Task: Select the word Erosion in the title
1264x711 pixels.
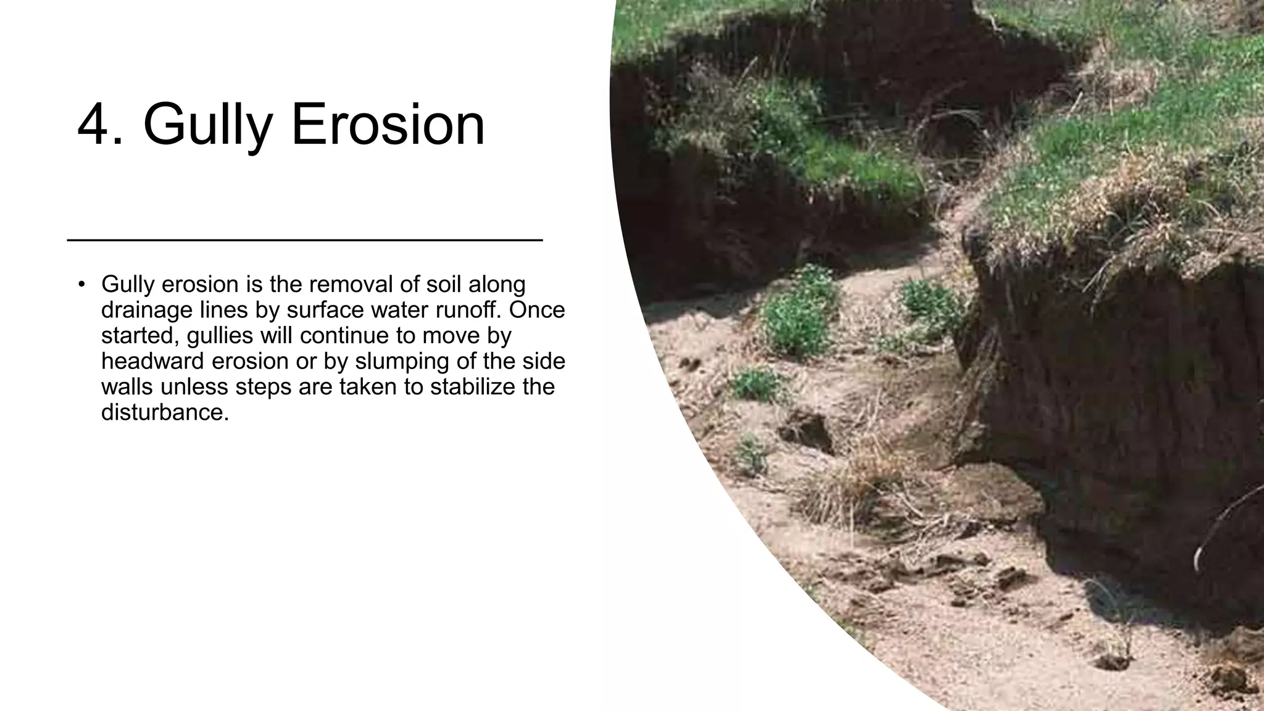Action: coord(388,125)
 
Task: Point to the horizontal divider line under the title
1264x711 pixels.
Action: coord(305,239)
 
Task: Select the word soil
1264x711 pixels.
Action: coord(441,285)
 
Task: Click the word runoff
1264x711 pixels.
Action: coord(468,310)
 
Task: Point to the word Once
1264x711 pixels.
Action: coord(537,310)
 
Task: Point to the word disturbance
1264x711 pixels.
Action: coord(165,412)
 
